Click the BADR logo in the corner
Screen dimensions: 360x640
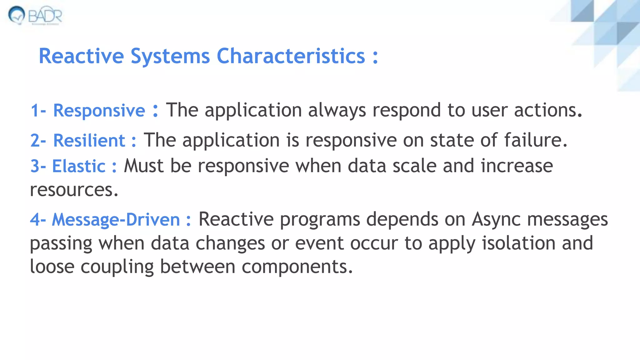pos(35,15)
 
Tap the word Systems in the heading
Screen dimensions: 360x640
pos(170,56)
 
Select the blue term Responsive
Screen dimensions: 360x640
pos(99,111)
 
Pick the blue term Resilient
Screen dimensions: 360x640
pos(89,140)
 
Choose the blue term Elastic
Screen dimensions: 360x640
pos(78,166)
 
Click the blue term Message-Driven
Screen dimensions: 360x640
pos(116,219)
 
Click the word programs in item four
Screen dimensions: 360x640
pos(320,220)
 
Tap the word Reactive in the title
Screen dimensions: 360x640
pos(81,56)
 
